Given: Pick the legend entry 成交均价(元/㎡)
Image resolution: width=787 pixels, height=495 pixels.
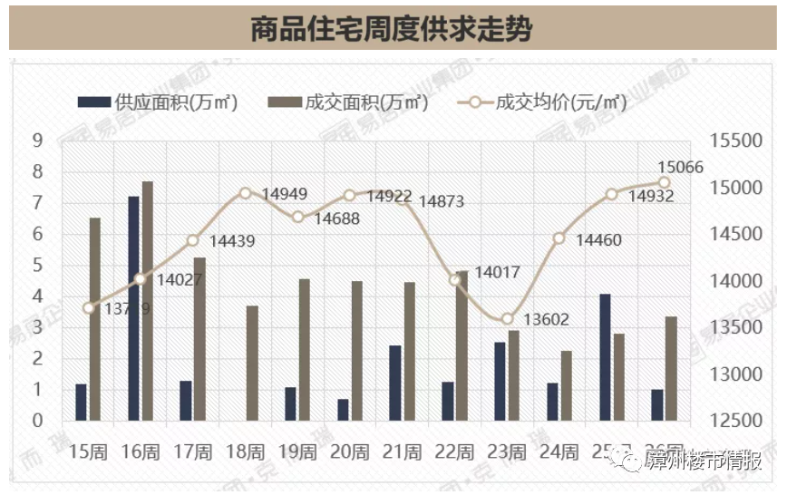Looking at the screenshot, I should (543, 102).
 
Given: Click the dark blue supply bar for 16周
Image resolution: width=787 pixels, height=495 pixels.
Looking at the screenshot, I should (133, 308).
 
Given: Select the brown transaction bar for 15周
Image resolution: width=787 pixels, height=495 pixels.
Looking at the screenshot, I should (95, 319).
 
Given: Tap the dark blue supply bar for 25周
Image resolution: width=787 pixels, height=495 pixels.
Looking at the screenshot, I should (605, 357).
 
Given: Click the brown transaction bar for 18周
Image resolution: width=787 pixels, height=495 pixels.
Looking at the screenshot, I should (252, 363).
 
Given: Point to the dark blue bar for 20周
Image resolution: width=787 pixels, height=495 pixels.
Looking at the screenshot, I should (343, 410).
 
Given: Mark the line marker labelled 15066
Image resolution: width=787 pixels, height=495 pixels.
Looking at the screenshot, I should (665, 182).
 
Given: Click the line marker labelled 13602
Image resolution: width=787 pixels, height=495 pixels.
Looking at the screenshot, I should (508, 319).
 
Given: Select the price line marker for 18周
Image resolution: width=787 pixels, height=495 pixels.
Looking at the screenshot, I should (245, 193).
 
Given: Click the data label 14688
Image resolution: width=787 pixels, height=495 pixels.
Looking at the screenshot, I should (336, 218).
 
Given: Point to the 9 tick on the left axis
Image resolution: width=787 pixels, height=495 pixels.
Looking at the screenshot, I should (37, 141).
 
